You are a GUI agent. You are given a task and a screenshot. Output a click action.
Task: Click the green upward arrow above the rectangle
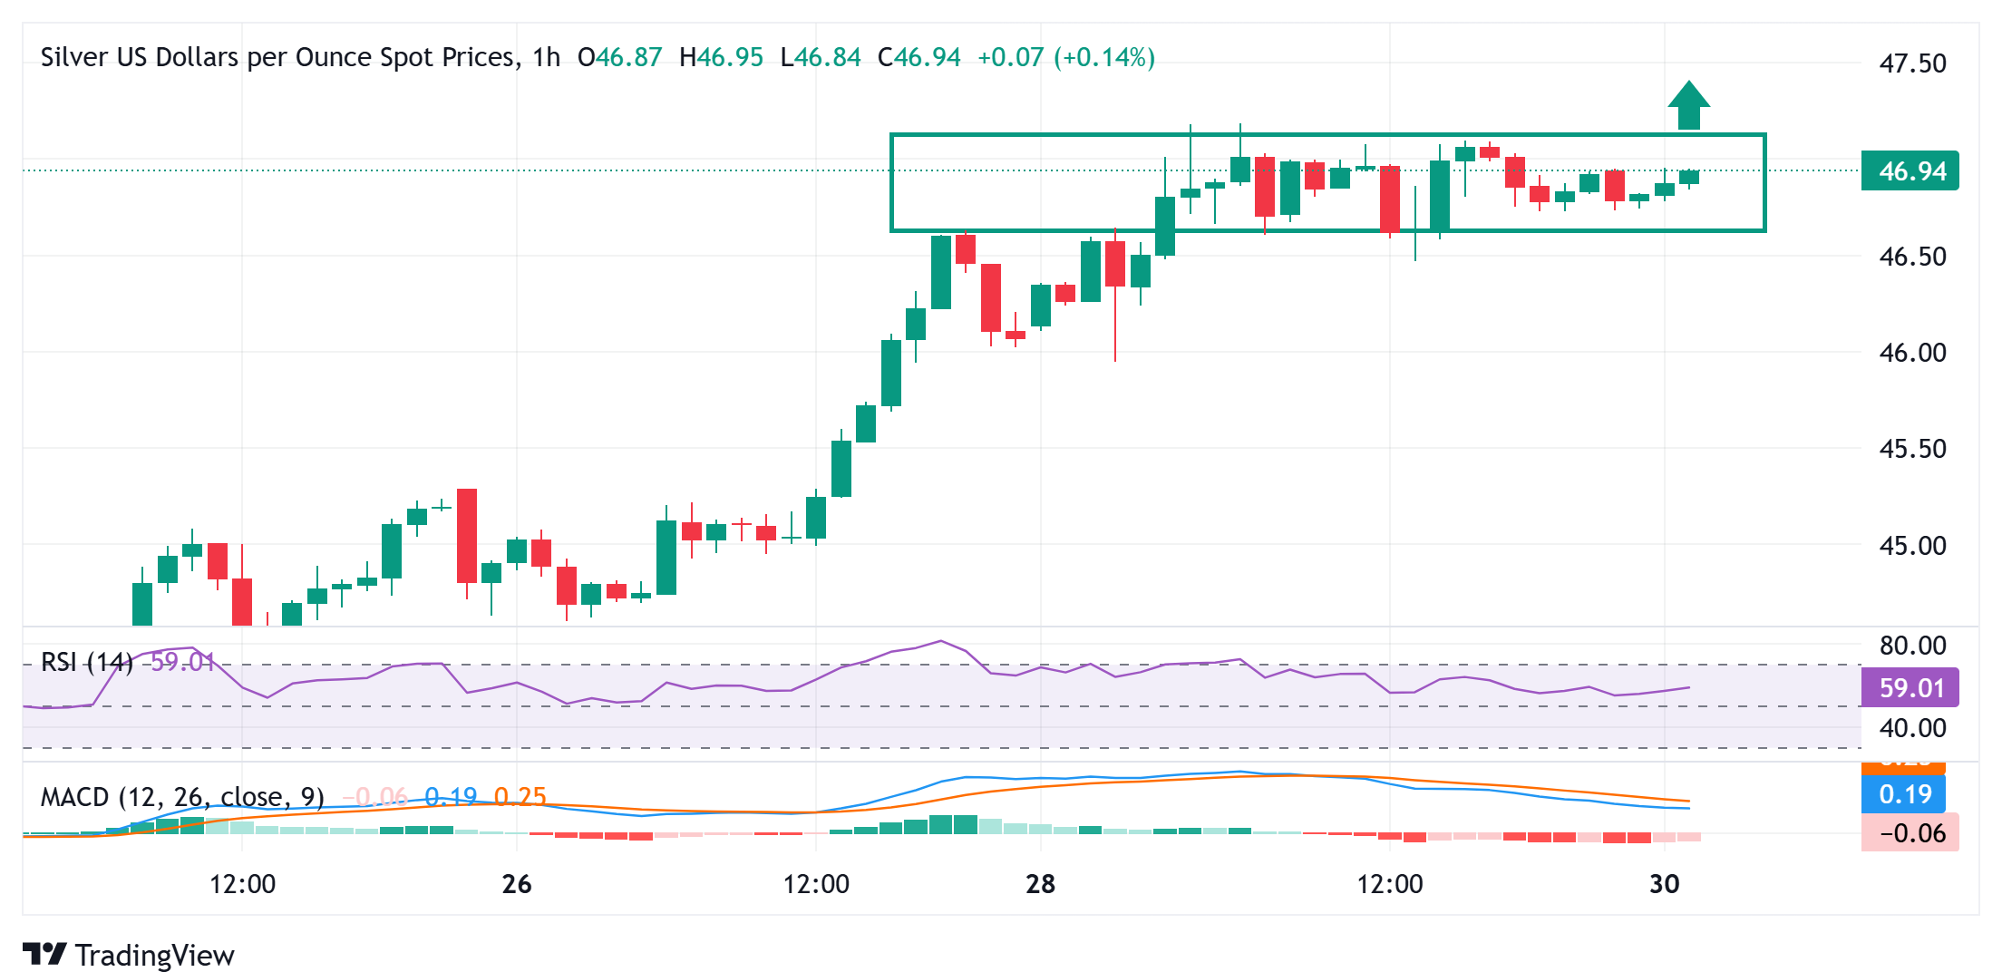[1688, 106]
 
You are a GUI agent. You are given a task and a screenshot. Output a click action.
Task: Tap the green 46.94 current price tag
[1910, 170]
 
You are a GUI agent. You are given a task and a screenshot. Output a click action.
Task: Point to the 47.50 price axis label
[1912, 63]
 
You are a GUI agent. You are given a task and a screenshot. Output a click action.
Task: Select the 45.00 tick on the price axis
[1912, 546]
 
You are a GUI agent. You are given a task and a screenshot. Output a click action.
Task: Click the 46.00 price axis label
[1912, 353]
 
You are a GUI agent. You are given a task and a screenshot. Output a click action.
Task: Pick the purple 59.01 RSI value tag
[1910, 687]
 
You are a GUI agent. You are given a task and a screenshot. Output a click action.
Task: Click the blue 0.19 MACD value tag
[1904, 794]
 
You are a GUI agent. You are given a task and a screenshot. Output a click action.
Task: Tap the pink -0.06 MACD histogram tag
[1910, 832]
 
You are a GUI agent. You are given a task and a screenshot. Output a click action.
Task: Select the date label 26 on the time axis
[516, 884]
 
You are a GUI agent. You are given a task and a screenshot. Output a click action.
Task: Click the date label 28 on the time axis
[1040, 884]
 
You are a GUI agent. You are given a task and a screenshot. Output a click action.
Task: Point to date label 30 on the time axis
[1664, 884]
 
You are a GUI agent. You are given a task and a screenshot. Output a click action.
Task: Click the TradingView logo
[128, 955]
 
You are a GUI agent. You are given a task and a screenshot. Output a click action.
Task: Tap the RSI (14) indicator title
[87, 662]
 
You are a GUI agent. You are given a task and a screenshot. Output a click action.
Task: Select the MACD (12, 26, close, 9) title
[182, 797]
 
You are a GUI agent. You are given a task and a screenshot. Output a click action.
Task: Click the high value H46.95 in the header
[721, 57]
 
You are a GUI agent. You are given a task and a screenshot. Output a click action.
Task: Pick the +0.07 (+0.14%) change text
[1065, 57]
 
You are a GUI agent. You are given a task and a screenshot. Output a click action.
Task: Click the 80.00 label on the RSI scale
[1912, 646]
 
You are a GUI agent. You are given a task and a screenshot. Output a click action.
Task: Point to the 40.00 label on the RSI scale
[1912, 728]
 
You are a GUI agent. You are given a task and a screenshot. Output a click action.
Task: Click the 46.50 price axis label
[1912, 257]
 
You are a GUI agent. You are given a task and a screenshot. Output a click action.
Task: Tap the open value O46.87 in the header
[619, 57]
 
